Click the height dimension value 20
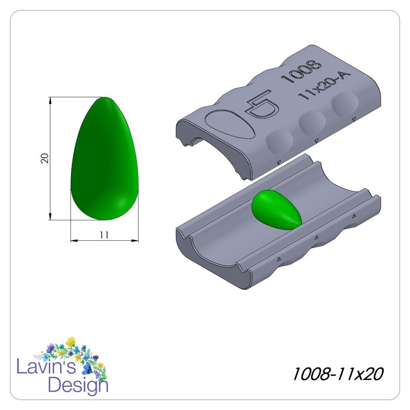[45, 158]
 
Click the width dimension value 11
[104, 235]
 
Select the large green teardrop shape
[105, 159]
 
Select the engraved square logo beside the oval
[262, 107]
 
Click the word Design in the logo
[77, 384]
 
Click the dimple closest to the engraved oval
[279, 141]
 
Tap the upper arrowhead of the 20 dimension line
[50, 100]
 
